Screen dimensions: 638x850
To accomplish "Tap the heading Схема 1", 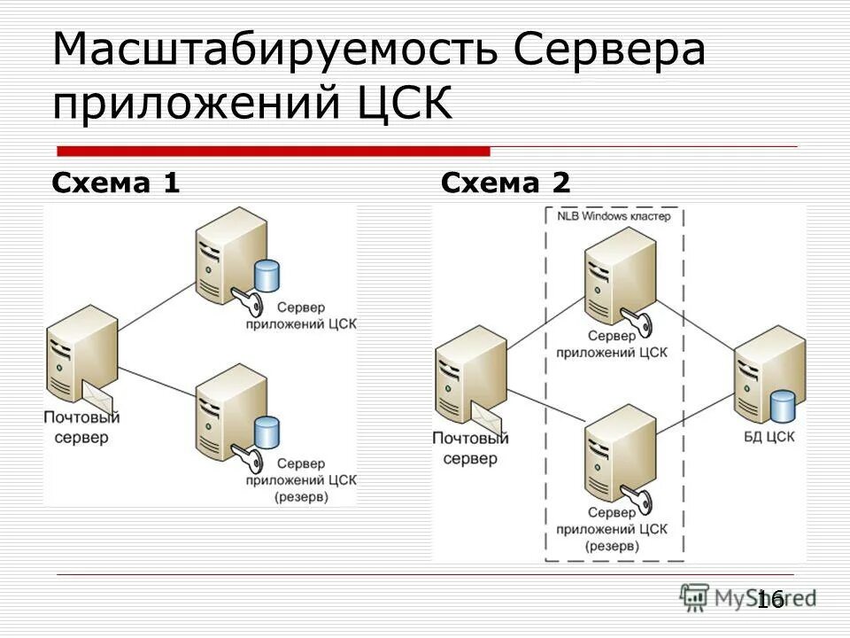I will (x=116, y=183).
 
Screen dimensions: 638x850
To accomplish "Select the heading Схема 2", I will (x=506, y=183).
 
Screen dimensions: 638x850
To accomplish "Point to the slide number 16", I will (x=770, y=599).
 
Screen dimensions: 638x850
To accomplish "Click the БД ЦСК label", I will (x=768, y=436).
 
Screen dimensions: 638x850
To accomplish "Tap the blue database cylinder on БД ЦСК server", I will (x=782, y=405).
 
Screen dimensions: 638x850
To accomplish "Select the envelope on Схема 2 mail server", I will (x=487, y=415).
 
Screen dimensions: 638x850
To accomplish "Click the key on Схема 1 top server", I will (x=243, y=302).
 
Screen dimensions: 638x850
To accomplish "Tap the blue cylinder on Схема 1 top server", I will (x=267, y=276).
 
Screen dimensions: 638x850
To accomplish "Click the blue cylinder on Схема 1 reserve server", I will (x=267, y=432).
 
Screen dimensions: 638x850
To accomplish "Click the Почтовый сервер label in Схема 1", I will (x=81, y=427).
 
